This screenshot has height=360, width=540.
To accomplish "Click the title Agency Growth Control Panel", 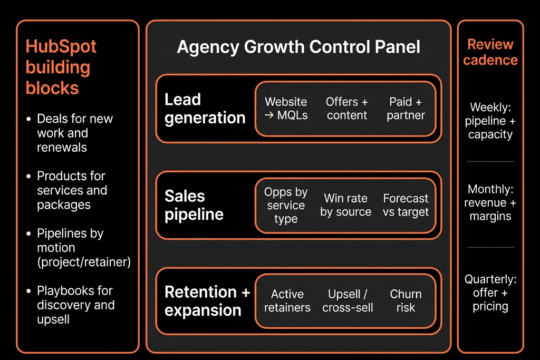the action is [x=298, y=47].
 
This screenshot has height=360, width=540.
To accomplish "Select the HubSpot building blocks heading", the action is [x=61, y=67].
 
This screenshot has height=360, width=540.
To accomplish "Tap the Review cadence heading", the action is [x=490, y=52].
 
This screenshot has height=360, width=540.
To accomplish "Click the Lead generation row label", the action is [x=205, y=109].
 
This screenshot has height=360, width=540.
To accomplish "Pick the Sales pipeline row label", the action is [x=194, y=205].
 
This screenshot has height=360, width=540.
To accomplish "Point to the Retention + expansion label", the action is [x=207, y=301].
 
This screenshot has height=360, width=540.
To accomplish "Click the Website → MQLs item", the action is [x=286, y=109].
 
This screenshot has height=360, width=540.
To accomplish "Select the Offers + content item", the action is [x=347, y=109].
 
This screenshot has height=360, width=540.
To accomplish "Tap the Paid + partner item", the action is [x=406, y=109].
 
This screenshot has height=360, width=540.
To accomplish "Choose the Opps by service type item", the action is [x=286, y=205].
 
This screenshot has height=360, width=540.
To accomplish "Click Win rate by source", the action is [x=346, y=205].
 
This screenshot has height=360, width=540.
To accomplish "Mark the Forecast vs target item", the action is [x=406, y=205].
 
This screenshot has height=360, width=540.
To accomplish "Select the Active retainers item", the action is [x=287, y=301].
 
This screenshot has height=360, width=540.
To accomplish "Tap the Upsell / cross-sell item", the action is [x=348, y=301].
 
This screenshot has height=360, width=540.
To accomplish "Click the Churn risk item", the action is [x=406, y=301].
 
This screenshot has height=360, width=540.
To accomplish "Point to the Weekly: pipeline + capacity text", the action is [x=490, y=121].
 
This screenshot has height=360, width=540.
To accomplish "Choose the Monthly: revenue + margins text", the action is [x=490, y=203].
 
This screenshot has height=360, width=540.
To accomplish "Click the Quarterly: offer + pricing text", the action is [x=490, y=293].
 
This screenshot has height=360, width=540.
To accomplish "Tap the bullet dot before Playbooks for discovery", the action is [x=28, y=291].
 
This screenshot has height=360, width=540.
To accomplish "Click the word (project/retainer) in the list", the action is [x=84, y=262].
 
